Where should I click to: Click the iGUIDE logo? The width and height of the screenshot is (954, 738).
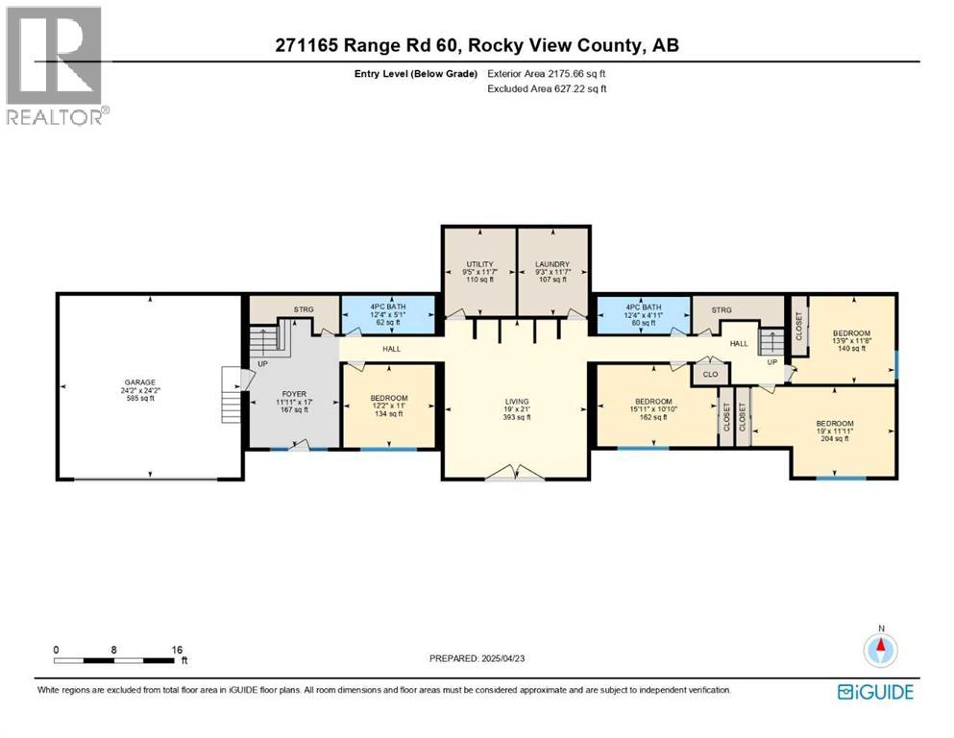click(x=874, y=692)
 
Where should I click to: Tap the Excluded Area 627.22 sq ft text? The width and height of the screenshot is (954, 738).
click(x=548, y=88)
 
